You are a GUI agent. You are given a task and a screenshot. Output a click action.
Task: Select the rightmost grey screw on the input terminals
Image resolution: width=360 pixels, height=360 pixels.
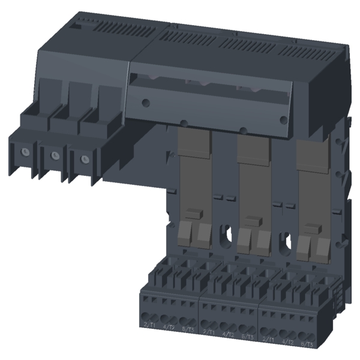[x=84, y=160]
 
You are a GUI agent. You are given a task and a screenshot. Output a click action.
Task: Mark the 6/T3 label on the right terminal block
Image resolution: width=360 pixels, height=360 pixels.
[x=307, y=343]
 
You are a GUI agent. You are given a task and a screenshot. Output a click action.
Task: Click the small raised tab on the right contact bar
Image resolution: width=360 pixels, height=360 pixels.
[x=311, y=228]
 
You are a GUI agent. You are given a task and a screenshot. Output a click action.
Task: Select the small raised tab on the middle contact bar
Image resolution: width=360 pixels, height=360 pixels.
[x=253, y=220]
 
